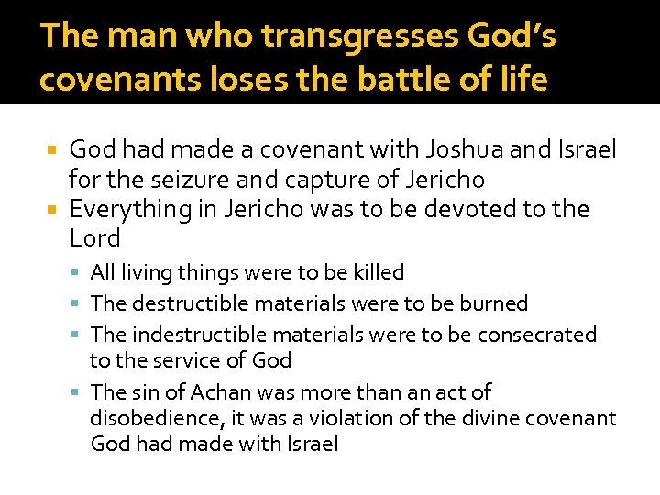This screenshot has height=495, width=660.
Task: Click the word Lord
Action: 95,239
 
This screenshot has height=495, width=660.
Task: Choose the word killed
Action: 378,272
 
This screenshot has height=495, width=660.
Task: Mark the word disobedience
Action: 150,419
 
